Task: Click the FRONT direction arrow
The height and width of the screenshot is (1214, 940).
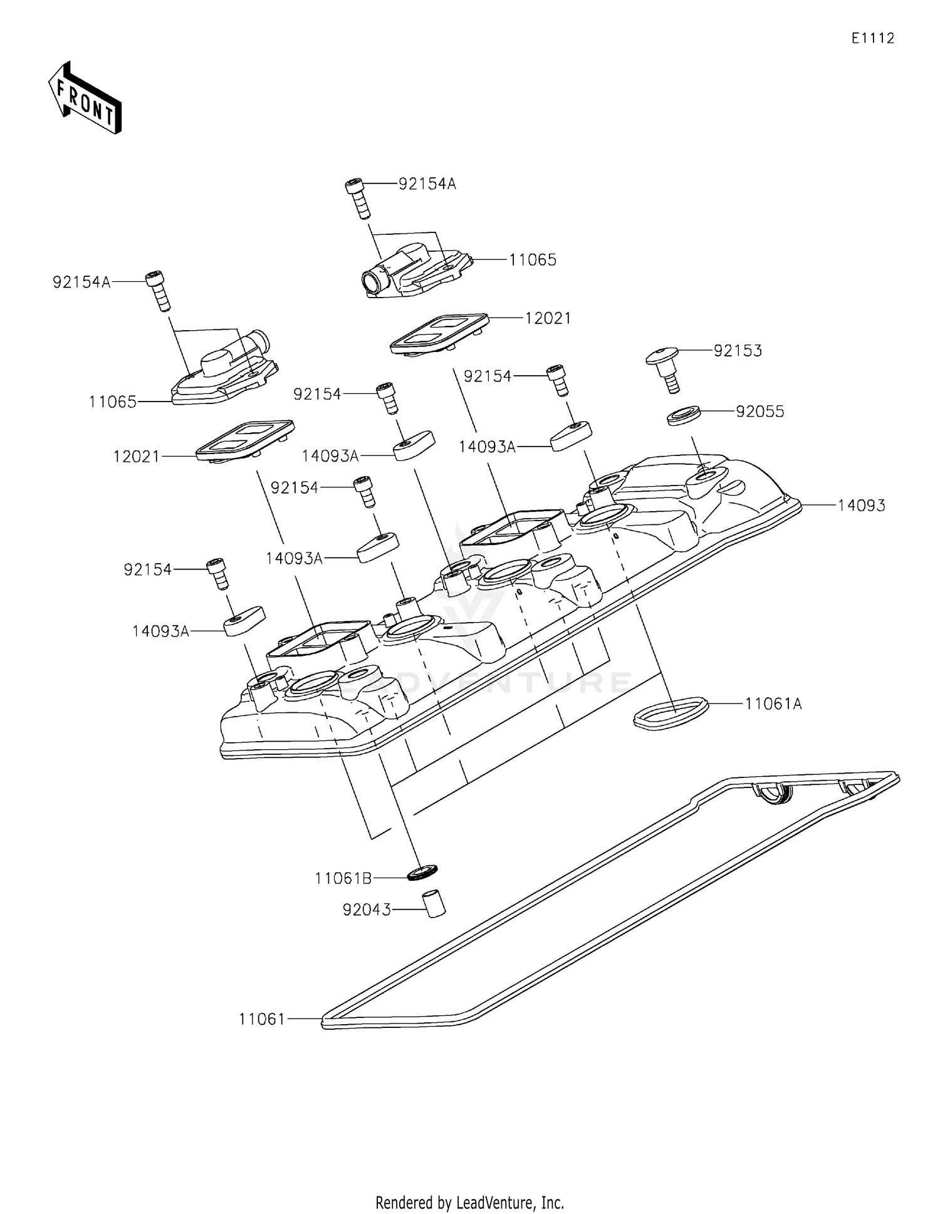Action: point(85,98)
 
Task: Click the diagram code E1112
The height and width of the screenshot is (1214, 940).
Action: point(872,38)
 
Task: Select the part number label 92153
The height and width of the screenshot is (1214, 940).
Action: point(738,351)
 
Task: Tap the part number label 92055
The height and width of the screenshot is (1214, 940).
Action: point(760,412)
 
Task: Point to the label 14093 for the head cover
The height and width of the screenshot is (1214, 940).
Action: point(862,506)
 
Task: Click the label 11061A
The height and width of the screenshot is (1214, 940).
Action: point(773,704)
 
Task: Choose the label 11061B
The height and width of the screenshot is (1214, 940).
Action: point(343,879)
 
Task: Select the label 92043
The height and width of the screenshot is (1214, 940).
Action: point(367,910)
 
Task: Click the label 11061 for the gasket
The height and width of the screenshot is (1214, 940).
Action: point(262,1020)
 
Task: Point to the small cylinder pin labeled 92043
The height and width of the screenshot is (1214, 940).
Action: point(433,903)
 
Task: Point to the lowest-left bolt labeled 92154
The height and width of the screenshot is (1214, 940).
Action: point(217,573)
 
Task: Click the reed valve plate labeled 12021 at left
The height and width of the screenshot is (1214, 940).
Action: point(244,440)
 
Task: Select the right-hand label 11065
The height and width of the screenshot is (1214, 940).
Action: point(532,260)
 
